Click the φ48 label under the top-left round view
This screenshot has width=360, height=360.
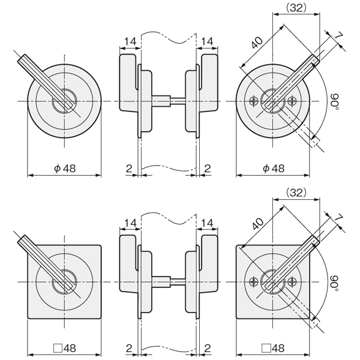tap(65, 168)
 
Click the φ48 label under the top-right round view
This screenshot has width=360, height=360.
tap(274, 168)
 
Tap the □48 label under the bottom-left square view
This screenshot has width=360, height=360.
tap(65, 348)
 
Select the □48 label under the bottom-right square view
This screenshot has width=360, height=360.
tap(273, 348)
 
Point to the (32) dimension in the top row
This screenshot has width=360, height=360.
tap(296, 8)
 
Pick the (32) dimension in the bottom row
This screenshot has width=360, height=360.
tap(296, 193)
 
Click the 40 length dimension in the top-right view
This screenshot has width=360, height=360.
tap(257, 43)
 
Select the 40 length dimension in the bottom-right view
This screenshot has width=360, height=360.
tap(257, 223)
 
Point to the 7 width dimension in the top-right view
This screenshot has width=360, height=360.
tap(338, 36)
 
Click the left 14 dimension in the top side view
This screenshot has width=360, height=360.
tap(130, 41)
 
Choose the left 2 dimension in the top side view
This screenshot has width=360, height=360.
tap(129, 168)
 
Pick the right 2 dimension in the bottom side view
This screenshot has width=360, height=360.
tap(208, 348)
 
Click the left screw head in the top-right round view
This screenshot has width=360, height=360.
tap(254, 101)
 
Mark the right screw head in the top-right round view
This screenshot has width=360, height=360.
tap(292, 101)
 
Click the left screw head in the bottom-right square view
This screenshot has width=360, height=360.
tap(254, 282)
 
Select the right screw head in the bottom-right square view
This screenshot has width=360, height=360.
tap(292, 282)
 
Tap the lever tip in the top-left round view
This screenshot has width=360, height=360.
tap(22, 58)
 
